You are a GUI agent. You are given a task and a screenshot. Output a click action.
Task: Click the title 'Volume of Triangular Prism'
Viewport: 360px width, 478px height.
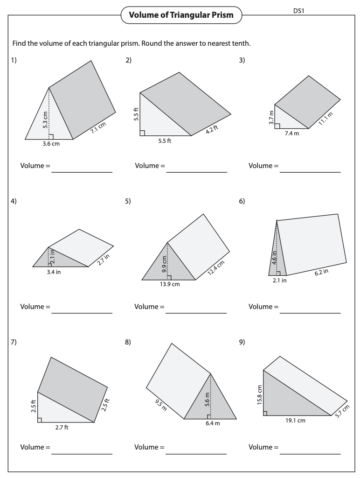(181, 15)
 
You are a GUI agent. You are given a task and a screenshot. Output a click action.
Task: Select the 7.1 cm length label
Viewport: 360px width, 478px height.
(99, 128)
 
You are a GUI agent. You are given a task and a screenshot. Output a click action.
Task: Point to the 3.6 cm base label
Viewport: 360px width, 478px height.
(51, 144)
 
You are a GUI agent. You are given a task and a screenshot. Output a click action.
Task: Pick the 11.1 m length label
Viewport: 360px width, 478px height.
(325, 119)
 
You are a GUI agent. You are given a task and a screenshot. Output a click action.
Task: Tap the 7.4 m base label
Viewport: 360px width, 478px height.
(292, 133)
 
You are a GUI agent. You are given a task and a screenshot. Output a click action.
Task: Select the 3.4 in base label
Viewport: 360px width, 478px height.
(54, 272)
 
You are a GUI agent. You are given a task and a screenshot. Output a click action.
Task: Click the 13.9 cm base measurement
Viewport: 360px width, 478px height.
(169, 285)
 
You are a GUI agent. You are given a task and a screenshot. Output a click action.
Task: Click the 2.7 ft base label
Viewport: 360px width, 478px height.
(61, 428)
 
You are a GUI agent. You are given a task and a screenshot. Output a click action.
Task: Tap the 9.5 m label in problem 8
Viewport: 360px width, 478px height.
(160, 405)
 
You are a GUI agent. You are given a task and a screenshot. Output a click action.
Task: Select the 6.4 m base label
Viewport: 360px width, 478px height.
(211, 423)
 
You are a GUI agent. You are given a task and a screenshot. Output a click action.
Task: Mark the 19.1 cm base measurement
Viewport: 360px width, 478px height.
(295, 420)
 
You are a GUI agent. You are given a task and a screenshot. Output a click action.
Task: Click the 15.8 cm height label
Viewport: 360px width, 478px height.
(259, 394)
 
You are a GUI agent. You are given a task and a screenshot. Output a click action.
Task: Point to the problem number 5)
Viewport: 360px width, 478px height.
(128, 201)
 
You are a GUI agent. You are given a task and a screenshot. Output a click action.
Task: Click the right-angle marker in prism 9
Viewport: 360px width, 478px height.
(265, 413)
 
